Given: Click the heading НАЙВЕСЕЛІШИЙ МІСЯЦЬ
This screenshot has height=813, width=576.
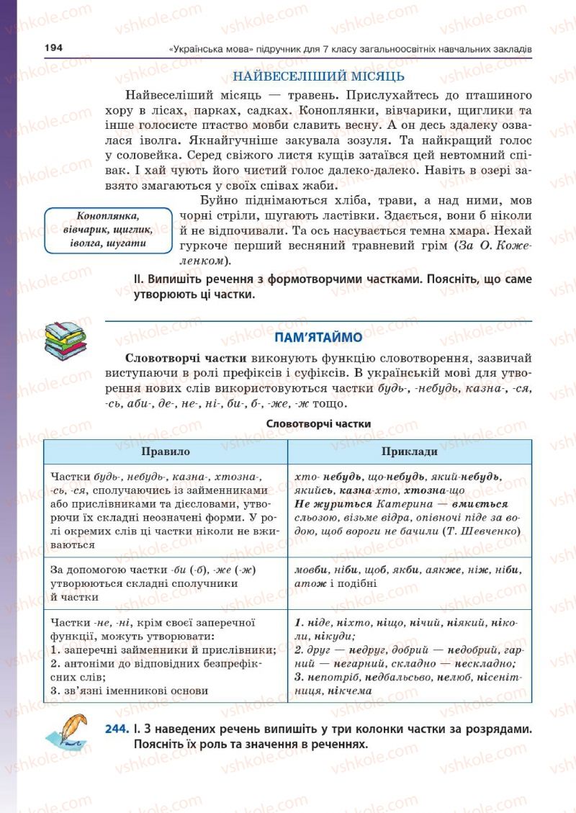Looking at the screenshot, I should click(x=318, y=76).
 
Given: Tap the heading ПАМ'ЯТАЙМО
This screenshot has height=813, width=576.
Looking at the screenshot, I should click(x=318, y=336).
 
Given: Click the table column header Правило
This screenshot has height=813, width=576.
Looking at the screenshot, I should click(x=166, y=452).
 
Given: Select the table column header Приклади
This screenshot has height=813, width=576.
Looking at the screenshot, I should click(x=409, y=452).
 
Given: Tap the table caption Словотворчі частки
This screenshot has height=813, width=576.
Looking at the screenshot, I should click(x=318, y=424).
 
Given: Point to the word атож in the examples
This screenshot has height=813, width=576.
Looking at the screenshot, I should click(x=310, y=583).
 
